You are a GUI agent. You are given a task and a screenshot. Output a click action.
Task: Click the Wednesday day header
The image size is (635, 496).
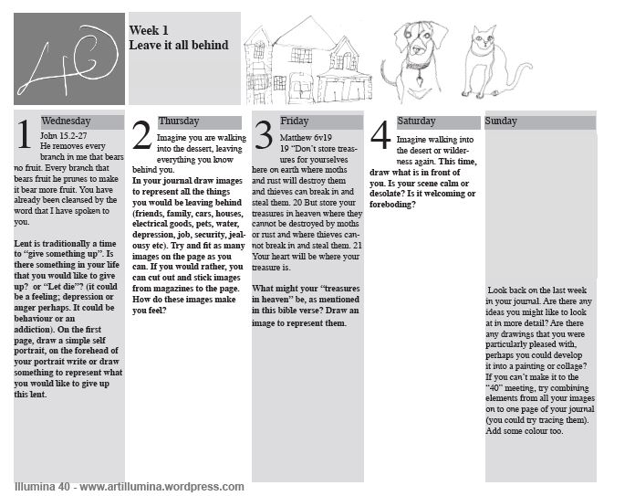click(66, 121)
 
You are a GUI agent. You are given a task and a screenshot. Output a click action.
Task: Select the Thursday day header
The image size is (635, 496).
click(178, 121)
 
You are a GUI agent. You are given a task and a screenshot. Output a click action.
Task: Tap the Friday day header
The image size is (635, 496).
click(294, 121)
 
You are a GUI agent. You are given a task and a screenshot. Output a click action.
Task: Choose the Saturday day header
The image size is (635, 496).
click(415, 121)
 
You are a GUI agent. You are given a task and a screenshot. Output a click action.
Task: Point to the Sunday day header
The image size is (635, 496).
click(501, 121)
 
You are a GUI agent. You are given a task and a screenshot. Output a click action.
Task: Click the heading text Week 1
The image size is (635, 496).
click(149, 30)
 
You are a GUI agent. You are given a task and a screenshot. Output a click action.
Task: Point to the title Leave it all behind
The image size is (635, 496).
click(179, 44)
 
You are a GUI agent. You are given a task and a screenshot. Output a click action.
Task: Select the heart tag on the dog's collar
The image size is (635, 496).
click(419, 79)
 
